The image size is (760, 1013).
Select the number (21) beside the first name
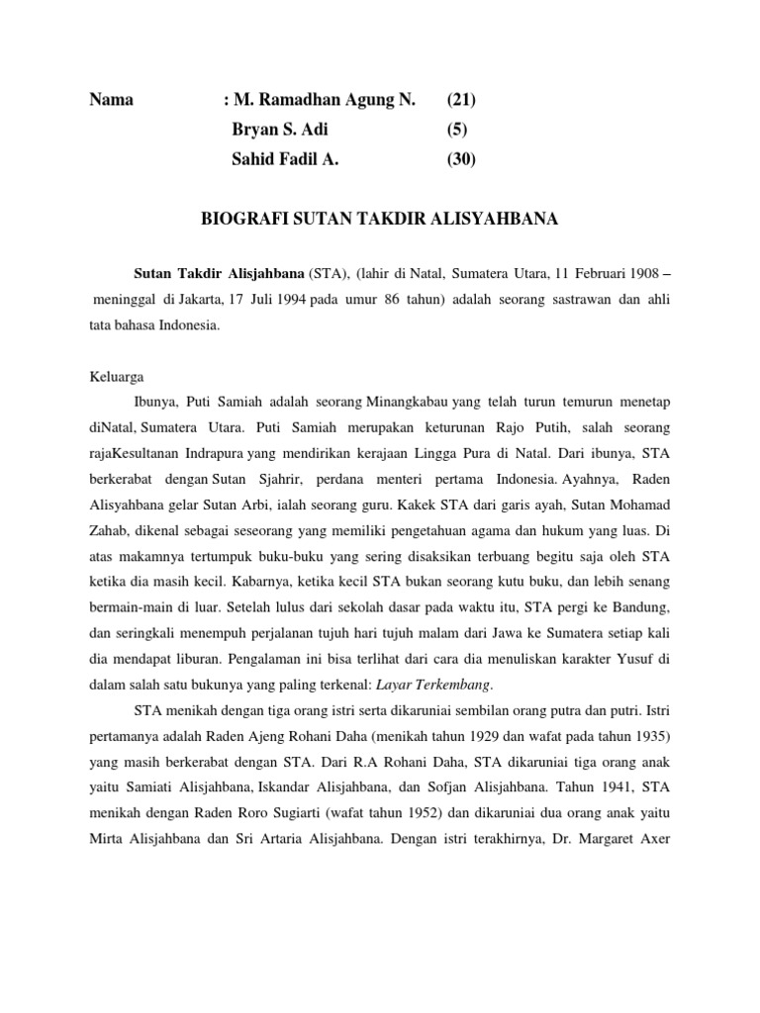[x=460, y=99]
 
